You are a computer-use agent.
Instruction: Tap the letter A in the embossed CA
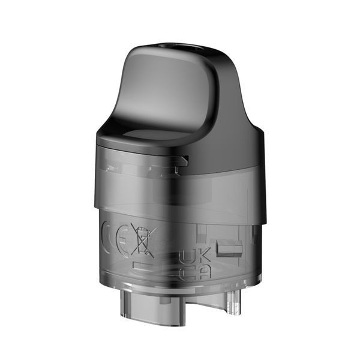[x=203, y=272]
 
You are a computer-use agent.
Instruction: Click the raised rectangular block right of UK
[x=229, y=248]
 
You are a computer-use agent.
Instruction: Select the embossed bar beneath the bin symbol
[x=144, y=266]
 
